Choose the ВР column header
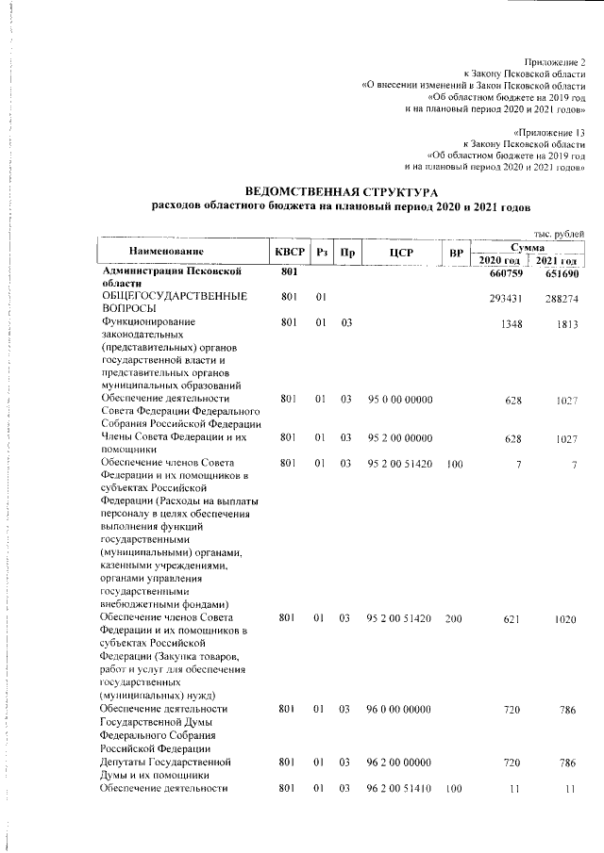456,252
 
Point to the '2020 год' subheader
500,260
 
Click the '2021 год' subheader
557,260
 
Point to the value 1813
564,323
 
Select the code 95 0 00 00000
399,401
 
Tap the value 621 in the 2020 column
512,618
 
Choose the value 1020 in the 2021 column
564,618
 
